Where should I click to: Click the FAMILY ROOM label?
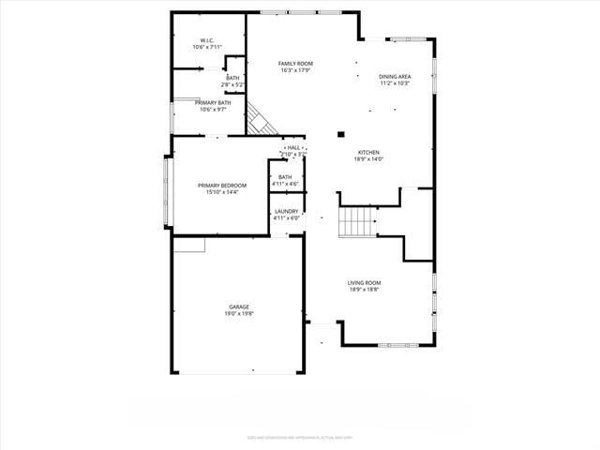294,63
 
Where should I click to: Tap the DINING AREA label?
395,76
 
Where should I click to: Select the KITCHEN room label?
368,152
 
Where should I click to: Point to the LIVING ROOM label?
364,282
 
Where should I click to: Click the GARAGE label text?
239,307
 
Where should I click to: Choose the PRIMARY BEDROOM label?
222,186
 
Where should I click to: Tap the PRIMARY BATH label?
213,102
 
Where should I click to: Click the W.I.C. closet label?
207,40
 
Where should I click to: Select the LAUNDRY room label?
286,211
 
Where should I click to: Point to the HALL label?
294,147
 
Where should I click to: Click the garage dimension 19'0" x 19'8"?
239,314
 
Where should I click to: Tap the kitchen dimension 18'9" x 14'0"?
368,159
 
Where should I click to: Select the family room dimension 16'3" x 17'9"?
294,70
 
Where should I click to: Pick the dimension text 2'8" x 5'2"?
232,84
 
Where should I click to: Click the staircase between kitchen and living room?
356,223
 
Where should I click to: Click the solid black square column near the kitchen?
341,134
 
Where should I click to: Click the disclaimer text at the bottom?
299,436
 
